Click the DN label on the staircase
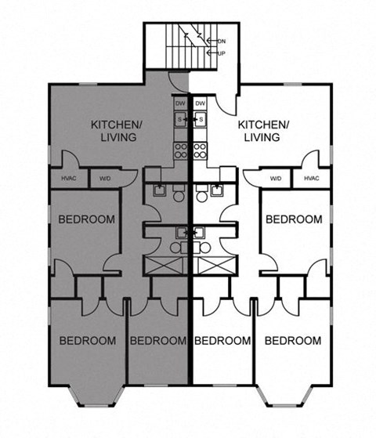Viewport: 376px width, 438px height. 222,41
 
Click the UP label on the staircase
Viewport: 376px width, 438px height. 222,53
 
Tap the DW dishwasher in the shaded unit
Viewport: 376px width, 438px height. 180,103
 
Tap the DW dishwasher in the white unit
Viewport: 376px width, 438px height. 200,103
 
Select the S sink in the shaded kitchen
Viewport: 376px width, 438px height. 180,119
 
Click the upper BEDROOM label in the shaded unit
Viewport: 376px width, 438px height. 87,219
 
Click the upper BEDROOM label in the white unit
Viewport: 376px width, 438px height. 293,219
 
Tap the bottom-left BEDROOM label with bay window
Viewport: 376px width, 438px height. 87,340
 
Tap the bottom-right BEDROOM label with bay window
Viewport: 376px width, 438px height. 292,340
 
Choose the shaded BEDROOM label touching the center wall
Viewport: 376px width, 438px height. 157,340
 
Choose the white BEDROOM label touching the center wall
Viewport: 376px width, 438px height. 222,340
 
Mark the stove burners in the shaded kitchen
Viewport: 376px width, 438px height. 180,147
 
